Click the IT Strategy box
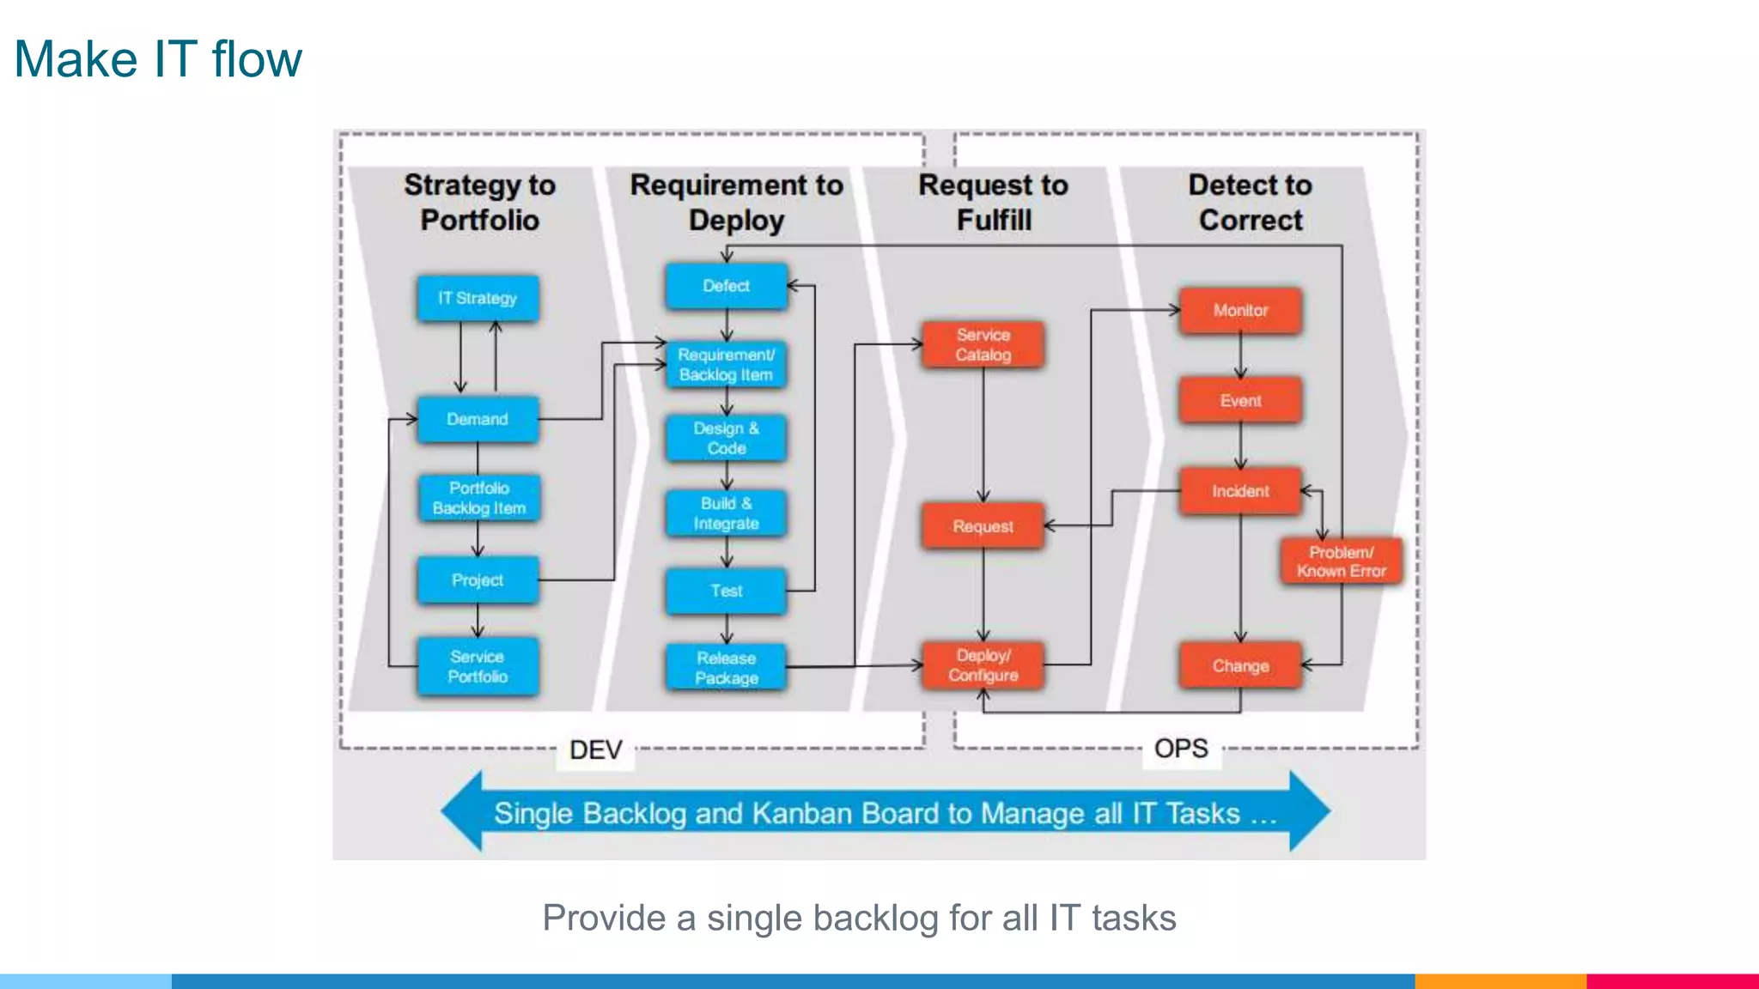[478, 298]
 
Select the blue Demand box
[478, 419]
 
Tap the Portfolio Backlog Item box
[478, 498]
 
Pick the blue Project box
[478, 579]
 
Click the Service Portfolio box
[478, 666]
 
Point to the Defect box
[726, 286]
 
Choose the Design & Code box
[726, 438]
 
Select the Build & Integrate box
[726, 513]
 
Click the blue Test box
[726, 591]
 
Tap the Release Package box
[726, 667]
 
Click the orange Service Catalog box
[983, 344]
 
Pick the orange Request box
[983, 525]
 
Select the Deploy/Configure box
[983, 665]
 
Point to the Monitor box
[1240, 310]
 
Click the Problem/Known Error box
[1341, 561]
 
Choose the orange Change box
[1240, 665]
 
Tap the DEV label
[595, 749]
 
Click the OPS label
[1181, 749]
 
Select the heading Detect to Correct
[1250, 203]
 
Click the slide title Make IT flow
[158, 59]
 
